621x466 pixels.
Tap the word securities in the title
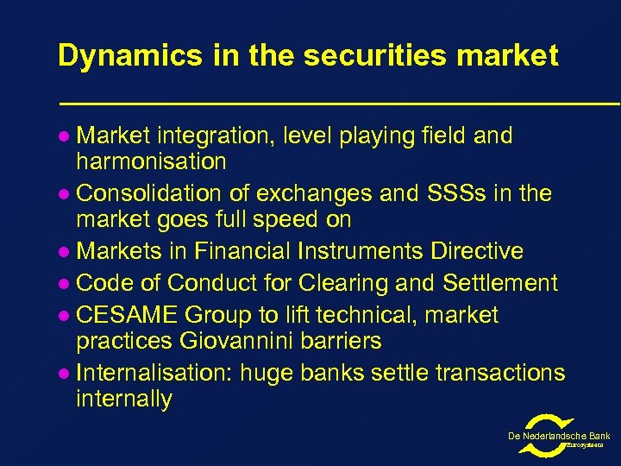click(x=348, y=56)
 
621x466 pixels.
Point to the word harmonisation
click(x=151, y=161)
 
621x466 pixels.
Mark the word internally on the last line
click(x=124, y=399)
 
